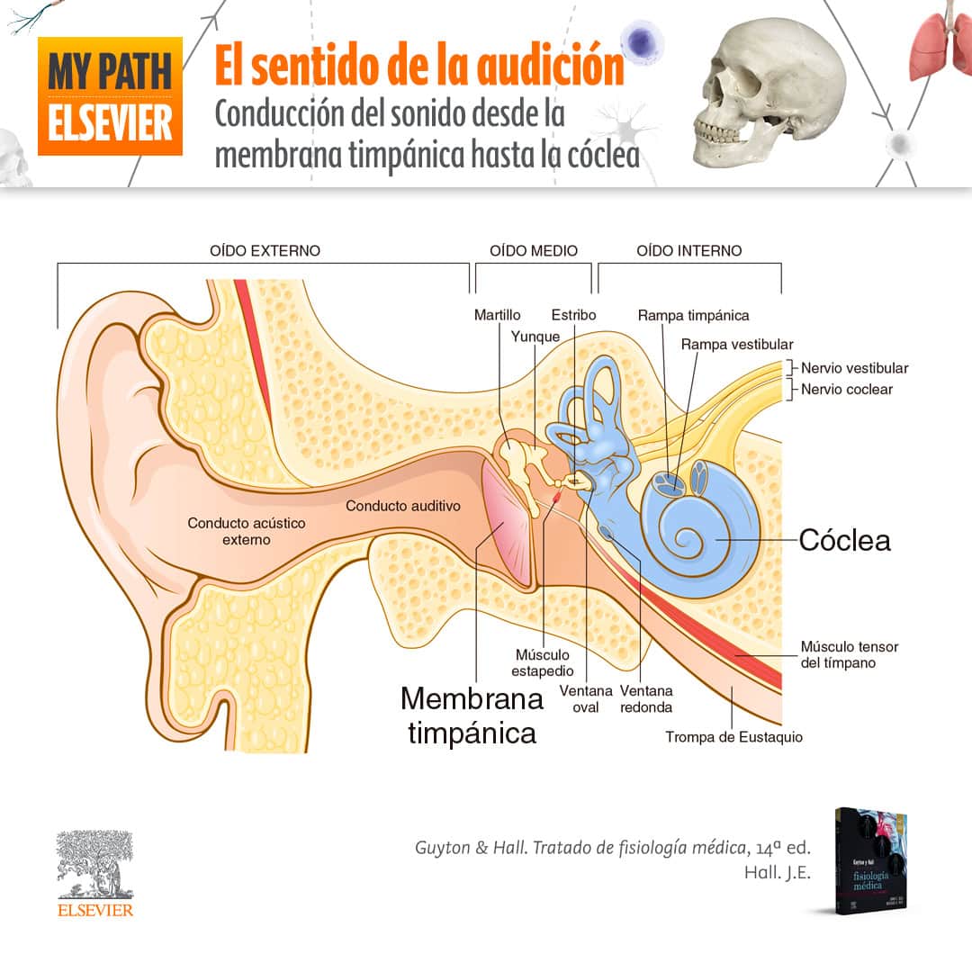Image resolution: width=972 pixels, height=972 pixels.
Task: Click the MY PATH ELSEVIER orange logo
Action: [x=110, y=95]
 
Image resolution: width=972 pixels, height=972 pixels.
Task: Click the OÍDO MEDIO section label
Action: [x=534, y=250]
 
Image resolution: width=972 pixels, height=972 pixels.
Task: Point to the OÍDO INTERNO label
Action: [x=689, y=250]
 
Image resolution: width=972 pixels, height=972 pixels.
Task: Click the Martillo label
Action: [x=497, y=315]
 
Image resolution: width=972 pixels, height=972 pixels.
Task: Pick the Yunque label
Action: [x=535, y=337]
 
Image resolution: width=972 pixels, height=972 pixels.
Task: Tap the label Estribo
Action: [x=574, y=315]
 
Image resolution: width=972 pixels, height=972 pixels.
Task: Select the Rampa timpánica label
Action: [x=693, y=315]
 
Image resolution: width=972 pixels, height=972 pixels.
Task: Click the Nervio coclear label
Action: [x=847, y=390]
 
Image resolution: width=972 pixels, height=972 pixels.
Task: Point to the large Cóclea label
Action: [x=844, y=540]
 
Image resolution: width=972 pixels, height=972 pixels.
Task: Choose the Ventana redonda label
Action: [x=646, y=698]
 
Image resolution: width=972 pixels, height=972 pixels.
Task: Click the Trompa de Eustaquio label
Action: [x=733, y=737]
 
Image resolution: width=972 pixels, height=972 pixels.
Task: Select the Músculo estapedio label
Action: [x=543, y=662]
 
